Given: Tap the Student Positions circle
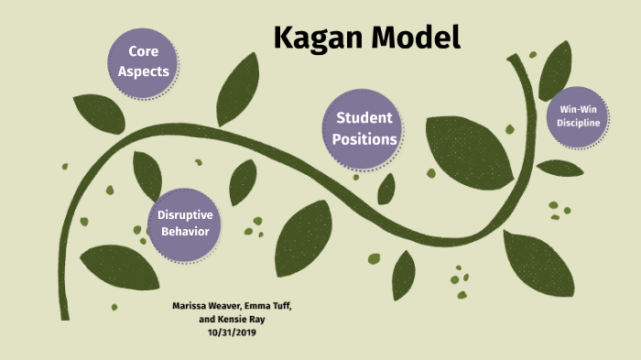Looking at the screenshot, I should tap(364, 129).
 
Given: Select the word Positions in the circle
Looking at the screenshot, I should tap(364, 140).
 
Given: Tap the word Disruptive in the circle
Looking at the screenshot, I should tap(185, 215).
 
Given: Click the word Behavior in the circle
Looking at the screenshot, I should tap(185, 231).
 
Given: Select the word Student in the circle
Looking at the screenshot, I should tap(364, 118).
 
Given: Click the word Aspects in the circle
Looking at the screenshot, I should tap(150, 71).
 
